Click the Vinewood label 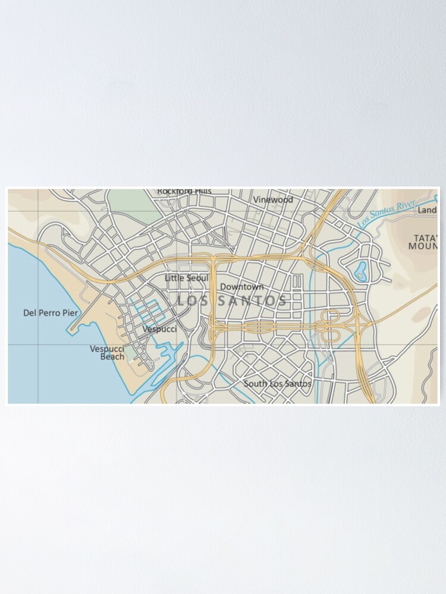tap(273, 200)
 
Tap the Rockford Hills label tap(184, 191)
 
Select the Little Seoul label tap(186, 278)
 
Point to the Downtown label tap(241, 287)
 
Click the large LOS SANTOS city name tap(232, 301)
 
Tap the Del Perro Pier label tap(50, 312)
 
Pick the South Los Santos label tap(277, 384)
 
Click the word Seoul tap(197, 278)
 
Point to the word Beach tap(112, 357)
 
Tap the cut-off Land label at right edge tap(427, 210)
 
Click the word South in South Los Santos tap(255, 384)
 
